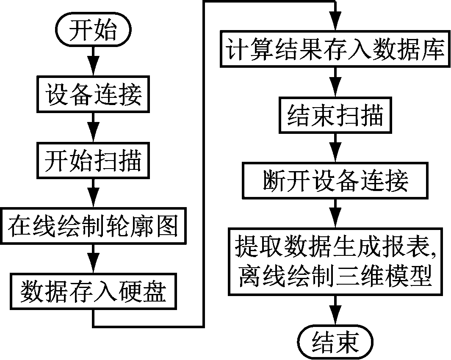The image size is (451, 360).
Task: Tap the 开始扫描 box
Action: (x=93, y=161)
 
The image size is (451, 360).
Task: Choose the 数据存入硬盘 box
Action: (x=93, y=291)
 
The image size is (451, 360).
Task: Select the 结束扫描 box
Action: (x=335, y=115)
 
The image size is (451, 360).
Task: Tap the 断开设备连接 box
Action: (x=335, y=181)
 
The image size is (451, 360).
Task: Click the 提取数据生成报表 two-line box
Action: (x=335, y=262)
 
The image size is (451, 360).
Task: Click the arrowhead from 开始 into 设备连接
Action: (x=93, y=69)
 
